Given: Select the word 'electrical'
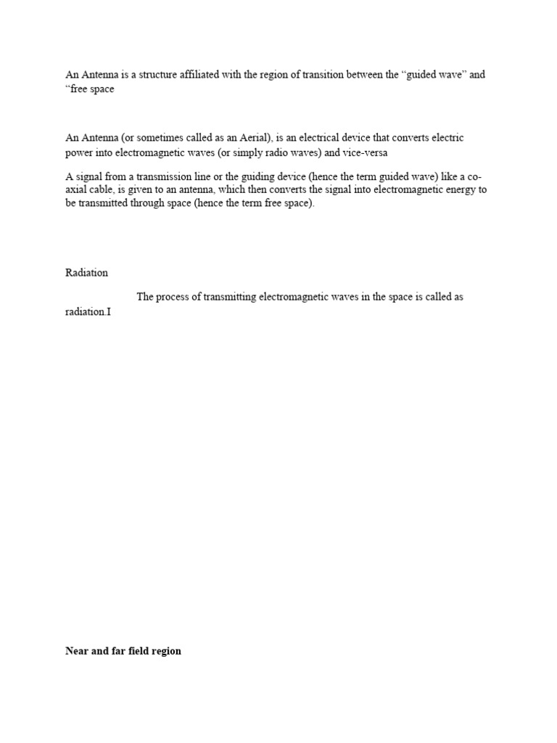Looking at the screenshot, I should (330, 138).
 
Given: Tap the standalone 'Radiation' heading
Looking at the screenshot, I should (86, 273).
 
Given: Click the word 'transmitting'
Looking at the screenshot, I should (233, 297).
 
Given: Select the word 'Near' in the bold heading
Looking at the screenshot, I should (77, 651).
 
